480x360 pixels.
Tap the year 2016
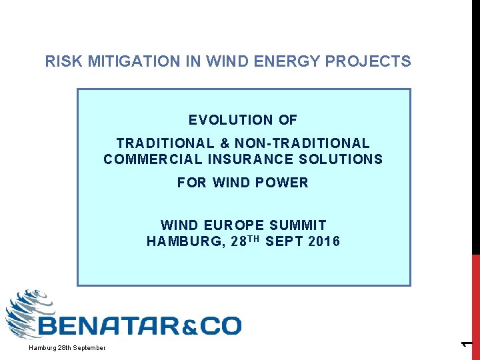tap(324, 241)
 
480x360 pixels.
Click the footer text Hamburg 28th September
tap(67, 348)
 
